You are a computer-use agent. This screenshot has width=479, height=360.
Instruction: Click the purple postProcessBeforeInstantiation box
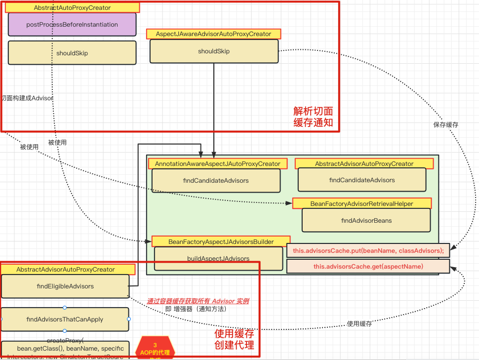coord(72,25)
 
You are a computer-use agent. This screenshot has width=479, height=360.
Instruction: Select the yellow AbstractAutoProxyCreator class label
coord(72,8)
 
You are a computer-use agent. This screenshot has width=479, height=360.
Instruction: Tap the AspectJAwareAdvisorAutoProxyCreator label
coord(213,34)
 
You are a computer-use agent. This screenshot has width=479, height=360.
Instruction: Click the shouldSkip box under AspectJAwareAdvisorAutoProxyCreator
coord(213,51)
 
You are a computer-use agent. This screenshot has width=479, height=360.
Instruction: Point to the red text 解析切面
coord(313,111)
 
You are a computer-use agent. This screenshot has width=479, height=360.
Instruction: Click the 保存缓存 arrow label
coord(445,125)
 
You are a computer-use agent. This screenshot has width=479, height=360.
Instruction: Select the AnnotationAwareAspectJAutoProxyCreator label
coord(217,163)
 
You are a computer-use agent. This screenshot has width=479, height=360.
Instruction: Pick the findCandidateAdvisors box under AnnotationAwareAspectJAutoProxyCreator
coord(216,181)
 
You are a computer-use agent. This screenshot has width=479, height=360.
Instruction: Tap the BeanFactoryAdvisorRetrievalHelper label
coord(361,203)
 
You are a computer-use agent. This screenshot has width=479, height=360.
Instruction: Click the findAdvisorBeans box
coord(366,220)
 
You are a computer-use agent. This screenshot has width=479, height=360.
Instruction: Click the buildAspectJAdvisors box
coord(218,258)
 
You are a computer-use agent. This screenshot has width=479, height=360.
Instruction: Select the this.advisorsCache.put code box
coord(368,251)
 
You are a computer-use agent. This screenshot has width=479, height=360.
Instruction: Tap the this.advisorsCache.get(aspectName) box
coord(368,267)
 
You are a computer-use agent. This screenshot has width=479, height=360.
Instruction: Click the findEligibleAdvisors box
coord(65,286)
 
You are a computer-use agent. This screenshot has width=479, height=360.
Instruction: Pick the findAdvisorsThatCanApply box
coord(65,319)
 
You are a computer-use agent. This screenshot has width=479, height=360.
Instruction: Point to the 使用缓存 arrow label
coord(359,324)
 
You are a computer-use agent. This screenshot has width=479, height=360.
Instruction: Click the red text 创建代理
coord(234,345)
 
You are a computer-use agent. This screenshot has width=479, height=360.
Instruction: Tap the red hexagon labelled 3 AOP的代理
coord(155,349)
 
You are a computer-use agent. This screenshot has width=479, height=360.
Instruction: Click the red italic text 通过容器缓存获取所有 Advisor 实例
coord(198,301)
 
